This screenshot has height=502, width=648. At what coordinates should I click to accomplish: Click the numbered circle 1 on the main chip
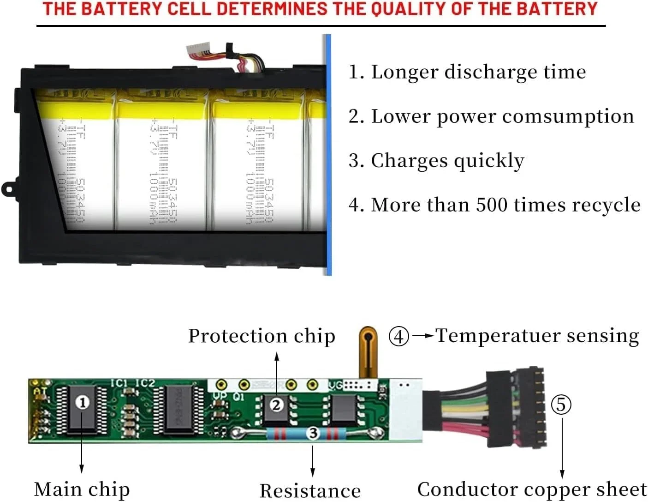83,403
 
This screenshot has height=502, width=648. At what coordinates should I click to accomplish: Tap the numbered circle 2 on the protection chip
276,405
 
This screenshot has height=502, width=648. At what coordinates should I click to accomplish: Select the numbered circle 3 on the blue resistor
313,433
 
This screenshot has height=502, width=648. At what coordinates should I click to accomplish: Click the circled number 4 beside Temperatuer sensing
399,336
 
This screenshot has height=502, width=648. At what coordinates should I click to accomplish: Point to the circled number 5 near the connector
561,405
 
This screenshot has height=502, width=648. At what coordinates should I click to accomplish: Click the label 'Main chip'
82,490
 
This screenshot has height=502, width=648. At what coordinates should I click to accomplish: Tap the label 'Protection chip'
262,336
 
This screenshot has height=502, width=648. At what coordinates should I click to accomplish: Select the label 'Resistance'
310,490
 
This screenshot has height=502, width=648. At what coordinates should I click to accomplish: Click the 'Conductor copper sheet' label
532,490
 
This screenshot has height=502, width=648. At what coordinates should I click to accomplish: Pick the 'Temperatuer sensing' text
537,336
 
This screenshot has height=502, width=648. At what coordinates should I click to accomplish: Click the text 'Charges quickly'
447,161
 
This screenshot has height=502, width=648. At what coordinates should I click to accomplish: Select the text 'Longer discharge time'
478,72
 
